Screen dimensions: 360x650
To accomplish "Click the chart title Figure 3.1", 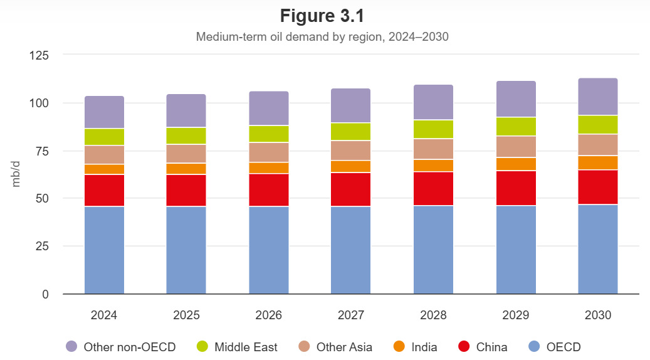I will pos(322,16).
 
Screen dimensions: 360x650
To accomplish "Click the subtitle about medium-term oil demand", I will pos(322,36).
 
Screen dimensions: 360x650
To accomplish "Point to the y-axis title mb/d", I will pos(17,174).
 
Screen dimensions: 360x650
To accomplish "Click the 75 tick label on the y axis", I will pos(41,151).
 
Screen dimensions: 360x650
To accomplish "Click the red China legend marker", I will pos(464,347).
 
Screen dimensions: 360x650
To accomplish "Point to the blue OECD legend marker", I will pos(534,347).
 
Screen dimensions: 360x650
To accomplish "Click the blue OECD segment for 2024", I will pos(104,250).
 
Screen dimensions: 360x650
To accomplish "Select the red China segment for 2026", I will pos(269,190).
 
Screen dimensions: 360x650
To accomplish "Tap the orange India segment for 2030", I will pos(597,163).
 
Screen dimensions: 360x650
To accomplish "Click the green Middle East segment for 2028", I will pos(433,129).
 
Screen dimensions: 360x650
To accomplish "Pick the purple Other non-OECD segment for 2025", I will pos(186,111).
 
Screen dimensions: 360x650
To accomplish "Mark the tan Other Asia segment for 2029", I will pos(515,147).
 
